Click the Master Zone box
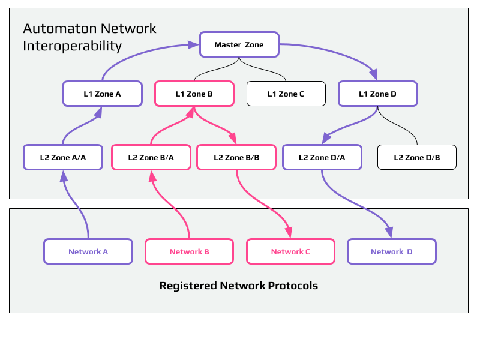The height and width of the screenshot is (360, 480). pyautogui.click(x=239, y=45)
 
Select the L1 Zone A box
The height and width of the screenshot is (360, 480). pyautogui.click(x=102, y=94)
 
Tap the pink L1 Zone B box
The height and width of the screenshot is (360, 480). pyautogui.click(x=194, y=94)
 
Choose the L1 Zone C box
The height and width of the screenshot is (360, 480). pyautogui.click(x=286, y=94)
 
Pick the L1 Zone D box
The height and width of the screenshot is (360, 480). pyautogui.click(x=377, y=94)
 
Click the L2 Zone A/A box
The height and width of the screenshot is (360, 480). pyautogui.click(x=63, y=157)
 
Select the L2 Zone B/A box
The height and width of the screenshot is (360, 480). pyautogui.click(x=151, y=157)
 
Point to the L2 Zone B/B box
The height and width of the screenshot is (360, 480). pyautogui.click(x=236, y=157)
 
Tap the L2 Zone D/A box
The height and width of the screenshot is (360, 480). pyautogui.click(x=322, y=157)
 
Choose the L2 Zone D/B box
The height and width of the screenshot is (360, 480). pyautogui.click(x=416, y=157)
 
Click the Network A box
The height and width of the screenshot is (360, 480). pyautogui.click(x=88, y=251)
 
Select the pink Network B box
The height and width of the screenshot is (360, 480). pyautogui.click(x=189, y=251)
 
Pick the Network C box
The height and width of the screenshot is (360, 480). pyautogui.click(x=290, y=251)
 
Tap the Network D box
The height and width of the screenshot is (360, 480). pyautogui.click(x=391, y=251)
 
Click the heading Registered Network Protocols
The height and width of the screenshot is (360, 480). pyautogui.click(x=238, y=286)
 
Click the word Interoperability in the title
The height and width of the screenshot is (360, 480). pyautogui.click(x=72, y=46)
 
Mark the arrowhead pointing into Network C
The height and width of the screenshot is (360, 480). pyautogui.click(x=289, y=232)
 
